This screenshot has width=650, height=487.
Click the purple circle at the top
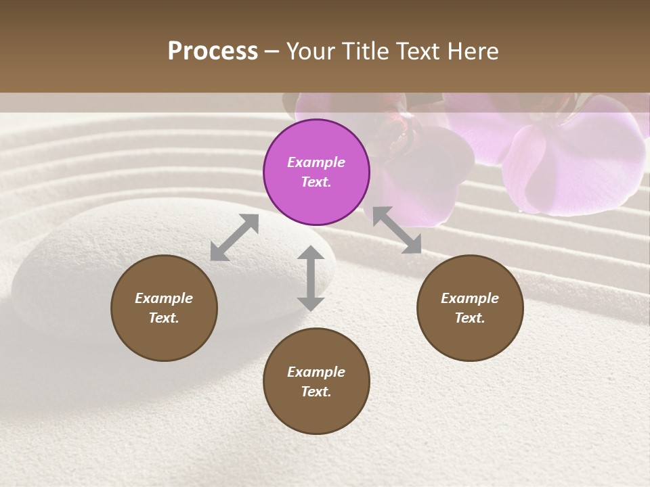click(x=316, y=172)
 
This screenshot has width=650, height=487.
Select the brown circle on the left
click(x=164, y=308)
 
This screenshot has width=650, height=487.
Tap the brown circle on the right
click(x=470, y=308)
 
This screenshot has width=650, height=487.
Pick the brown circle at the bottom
click(x=316, y=381)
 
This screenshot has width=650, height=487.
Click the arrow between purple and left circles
click(x=234, y=237)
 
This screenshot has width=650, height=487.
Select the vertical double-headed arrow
click(x=311, y=278)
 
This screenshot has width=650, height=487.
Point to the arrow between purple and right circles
click(x=397, y=230)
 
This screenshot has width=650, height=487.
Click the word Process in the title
click(x=213, y=51)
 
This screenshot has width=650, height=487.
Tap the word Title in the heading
click(x=367, y=51)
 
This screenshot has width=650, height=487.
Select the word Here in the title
click(x=473, y=51)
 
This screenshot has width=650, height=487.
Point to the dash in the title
click(x=272, y=51)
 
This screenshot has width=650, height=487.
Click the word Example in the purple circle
click(x=316, y=162)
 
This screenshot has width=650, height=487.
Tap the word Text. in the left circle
click(x=164, y=318)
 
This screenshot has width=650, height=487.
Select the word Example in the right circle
click(x=470, y=298)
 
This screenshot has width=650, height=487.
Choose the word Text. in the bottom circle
click(x=316, y=392)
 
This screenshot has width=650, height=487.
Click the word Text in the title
click(x=420, y=51)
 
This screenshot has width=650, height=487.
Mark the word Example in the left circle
click(x=164, y=298)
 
